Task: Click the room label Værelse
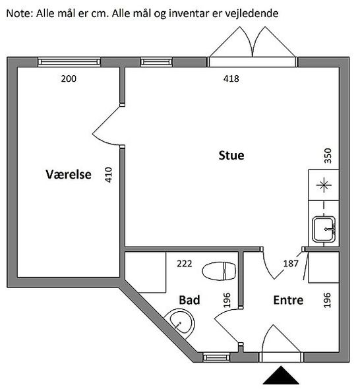pyautogui.click(x=69, y=175)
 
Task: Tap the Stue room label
pyautogui.click(x=231, y=156)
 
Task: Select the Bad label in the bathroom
pyautogui.click(x=189, y=300)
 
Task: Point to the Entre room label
pyautogui.click(x=288, y=300)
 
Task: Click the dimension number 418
pyautogui.click(x=231, y=78)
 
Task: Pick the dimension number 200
pyautogui.click(x=69, y=79)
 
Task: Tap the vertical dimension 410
pyautogui.click(x=108, y=175)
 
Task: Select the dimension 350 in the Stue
pyautogui.click(x=328, y=156)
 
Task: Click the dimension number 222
pyautogui.click(x=185, y=264)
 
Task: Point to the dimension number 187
pyautogui.click(x=291, y=264)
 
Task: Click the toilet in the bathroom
pyautogui.click(x=219, y=271)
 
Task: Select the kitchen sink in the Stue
pyautogui.click(x=324, y=229)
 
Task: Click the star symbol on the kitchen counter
pyautogui.click(x=324, y=185)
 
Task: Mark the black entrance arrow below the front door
pyautogui.click(x=281, y=375)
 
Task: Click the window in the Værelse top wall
pyautogui.click(x=69, y=62)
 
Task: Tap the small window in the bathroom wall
pyautogui.click(x=216, y=357)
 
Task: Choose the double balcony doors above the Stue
pyautogui.click(x=253, y=47)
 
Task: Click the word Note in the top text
pyautogui.click(x=19, y=13)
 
